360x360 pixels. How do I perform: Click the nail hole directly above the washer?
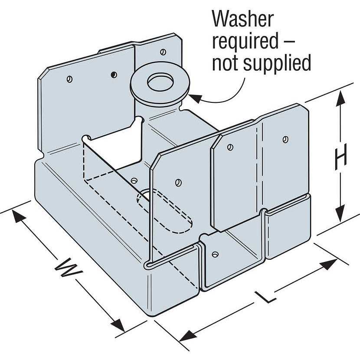coord(163,52)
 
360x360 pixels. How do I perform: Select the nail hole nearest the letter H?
coord(285,139)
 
